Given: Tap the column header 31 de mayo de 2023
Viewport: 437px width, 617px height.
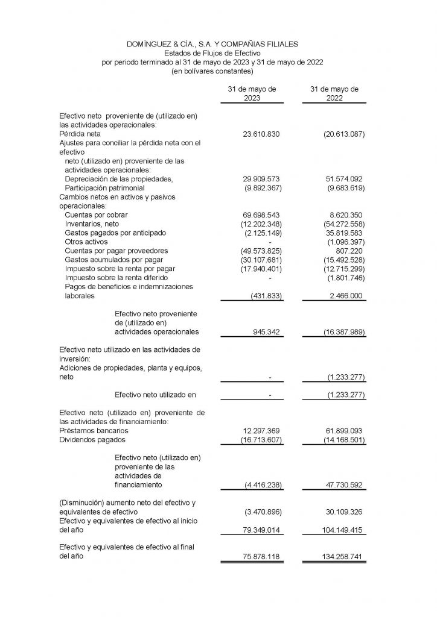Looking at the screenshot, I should (252, 93).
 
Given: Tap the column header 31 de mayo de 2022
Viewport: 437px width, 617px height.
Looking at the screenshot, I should (334, 93).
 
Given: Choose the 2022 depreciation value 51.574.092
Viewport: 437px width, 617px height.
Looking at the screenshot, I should (342, 179).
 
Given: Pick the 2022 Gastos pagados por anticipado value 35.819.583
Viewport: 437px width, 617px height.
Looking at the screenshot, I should (342, 233).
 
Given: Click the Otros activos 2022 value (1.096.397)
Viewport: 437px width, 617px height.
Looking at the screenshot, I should (342, 242).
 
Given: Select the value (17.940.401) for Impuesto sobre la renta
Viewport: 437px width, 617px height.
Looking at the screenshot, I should (258, 269).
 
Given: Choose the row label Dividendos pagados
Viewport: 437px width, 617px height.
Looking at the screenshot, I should (88, 440).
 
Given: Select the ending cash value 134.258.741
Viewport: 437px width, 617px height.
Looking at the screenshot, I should (340, 557).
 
